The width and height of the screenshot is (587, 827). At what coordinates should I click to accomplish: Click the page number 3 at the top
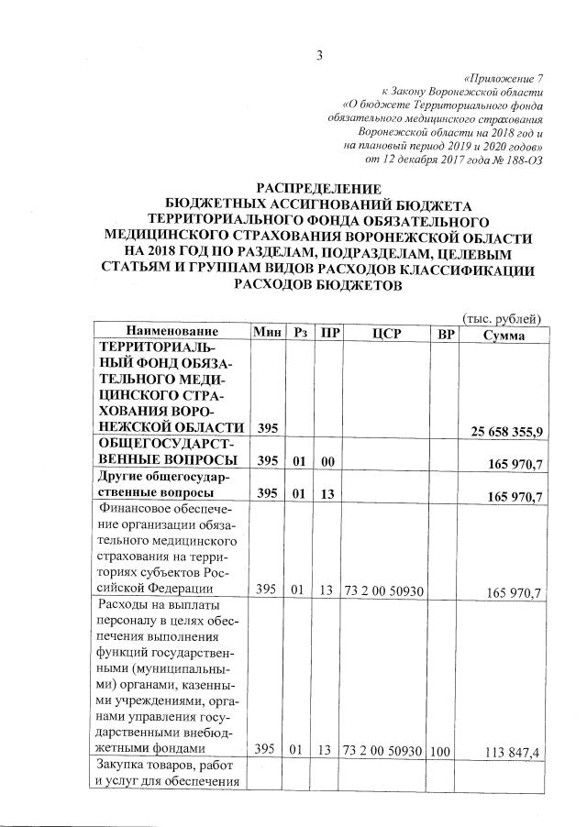coord(319,56)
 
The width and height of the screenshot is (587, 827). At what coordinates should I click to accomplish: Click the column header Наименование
coord(172,332)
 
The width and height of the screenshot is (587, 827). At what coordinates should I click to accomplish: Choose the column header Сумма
coord(503,332)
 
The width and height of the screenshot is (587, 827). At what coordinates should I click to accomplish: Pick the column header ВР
coord(446,332)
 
